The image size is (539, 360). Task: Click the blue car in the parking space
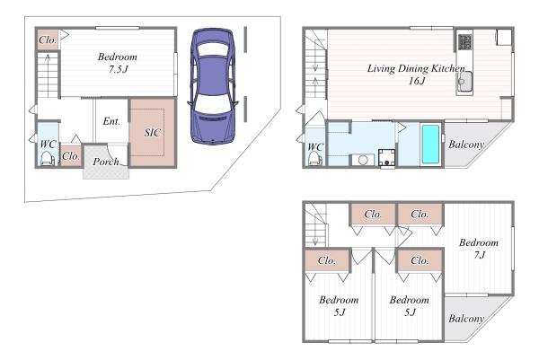click(213, 86)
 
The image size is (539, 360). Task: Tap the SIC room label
click(153, 133)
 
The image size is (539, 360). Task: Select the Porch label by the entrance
click(106, 162)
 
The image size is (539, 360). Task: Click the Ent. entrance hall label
click(111, 121)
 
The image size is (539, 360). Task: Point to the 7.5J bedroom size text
click(119, 69)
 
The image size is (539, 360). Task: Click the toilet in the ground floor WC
click(48, 159)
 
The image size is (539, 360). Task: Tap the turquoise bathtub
click(430, 144)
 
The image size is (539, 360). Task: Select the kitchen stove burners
click(464, 42)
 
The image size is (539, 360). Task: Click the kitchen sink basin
click(464, 83)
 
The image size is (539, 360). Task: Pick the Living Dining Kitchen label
click(416, 68)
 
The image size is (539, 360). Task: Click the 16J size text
click(417, 81)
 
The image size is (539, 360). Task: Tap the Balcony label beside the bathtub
click(466, 145)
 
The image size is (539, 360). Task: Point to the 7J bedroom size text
click(480, 255)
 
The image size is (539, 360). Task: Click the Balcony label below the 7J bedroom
click(466, 319)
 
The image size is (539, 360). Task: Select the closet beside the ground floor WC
click(71, 156)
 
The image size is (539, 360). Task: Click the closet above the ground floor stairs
click(48, 40)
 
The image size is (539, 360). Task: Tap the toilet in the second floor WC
click(314, 159)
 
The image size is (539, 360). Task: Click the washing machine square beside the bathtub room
click(386, 158)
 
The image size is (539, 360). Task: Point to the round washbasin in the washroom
click(363, 160)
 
